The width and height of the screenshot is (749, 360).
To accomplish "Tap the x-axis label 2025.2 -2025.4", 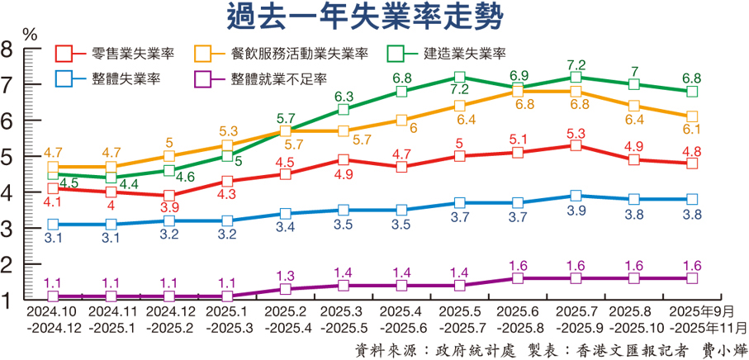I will [285, 320].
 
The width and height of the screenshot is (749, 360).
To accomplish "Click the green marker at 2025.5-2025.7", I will [459, 77].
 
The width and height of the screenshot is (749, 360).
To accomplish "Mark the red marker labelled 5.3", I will [576, 145].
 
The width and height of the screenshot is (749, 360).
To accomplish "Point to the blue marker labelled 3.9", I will [576, 196].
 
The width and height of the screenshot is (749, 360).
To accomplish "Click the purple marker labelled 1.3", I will [285, 289].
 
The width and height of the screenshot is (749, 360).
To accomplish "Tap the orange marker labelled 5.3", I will [227, 145].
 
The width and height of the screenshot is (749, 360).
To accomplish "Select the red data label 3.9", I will [168, 207].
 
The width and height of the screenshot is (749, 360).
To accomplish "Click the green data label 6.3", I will [344, 97].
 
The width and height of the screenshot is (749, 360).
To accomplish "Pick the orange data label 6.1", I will [692, 130].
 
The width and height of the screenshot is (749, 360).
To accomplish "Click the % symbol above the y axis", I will [30, 35].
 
